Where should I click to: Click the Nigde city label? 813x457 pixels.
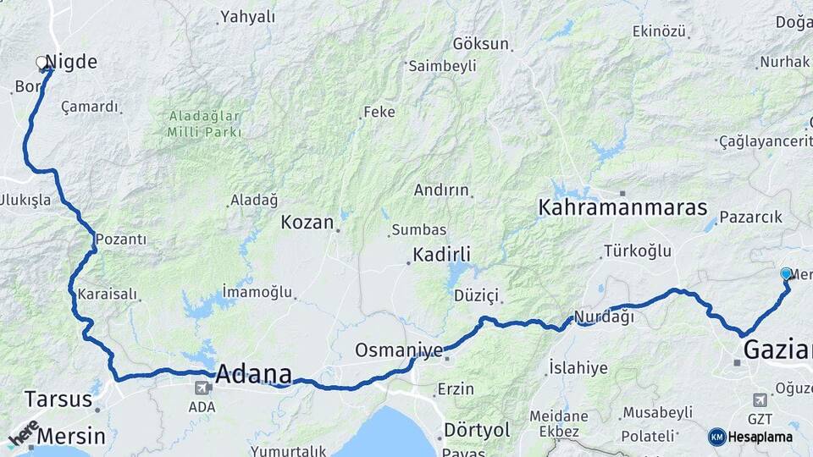[71, 61]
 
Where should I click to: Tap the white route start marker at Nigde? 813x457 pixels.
[41, 62]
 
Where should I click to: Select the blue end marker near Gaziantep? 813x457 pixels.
[786, 273]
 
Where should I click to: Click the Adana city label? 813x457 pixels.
[254, 373]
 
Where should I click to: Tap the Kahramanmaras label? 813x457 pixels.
[622, 206]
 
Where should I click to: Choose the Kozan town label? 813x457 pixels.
[307, 223]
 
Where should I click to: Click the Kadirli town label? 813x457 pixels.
[441, 254]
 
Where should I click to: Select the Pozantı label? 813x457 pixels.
[120, 240]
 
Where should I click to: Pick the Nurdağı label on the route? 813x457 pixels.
[604, 317]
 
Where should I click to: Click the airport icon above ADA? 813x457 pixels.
[202, 388]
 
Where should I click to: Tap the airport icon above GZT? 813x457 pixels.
[760, 399]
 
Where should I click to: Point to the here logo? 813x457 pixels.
[23, 432]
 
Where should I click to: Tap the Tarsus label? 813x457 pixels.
[58, 399]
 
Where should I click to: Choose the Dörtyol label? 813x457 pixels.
[477, 431]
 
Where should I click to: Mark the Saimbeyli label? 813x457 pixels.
[442, 65]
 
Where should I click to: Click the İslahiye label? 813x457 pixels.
[578, 367]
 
